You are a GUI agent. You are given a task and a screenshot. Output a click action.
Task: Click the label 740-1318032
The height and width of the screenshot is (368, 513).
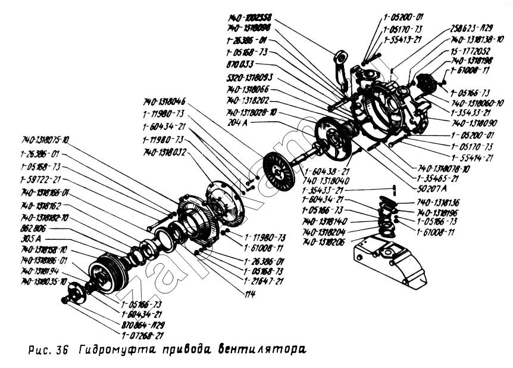click(165, 153)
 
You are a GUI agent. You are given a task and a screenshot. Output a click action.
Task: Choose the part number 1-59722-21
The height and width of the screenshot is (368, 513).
click(40, 179)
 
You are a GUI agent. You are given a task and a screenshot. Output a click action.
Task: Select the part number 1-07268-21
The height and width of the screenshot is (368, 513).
click(142, 336)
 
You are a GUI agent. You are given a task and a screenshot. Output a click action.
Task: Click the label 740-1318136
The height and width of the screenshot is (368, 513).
click(438, 203)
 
